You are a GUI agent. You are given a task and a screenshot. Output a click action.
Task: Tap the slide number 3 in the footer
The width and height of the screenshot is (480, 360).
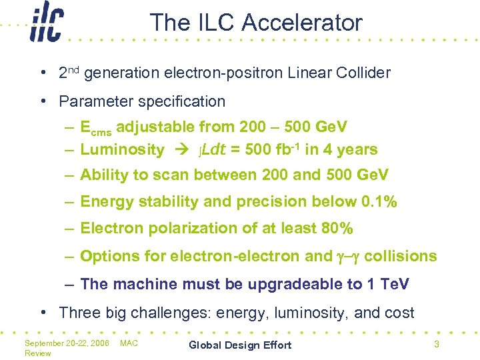pos(436,344)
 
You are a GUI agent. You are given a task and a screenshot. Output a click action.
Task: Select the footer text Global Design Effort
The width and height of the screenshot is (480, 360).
pos(240,345)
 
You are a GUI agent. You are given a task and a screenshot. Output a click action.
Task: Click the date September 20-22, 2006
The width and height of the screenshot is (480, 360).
pos(67,343)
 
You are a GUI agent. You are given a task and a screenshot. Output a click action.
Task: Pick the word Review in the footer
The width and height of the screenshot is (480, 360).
pos(37,353)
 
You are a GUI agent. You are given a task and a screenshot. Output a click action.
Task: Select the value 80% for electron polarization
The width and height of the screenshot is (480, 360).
pos(337,229)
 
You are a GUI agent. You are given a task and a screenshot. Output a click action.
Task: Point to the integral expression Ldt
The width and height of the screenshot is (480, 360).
pos(212,149)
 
